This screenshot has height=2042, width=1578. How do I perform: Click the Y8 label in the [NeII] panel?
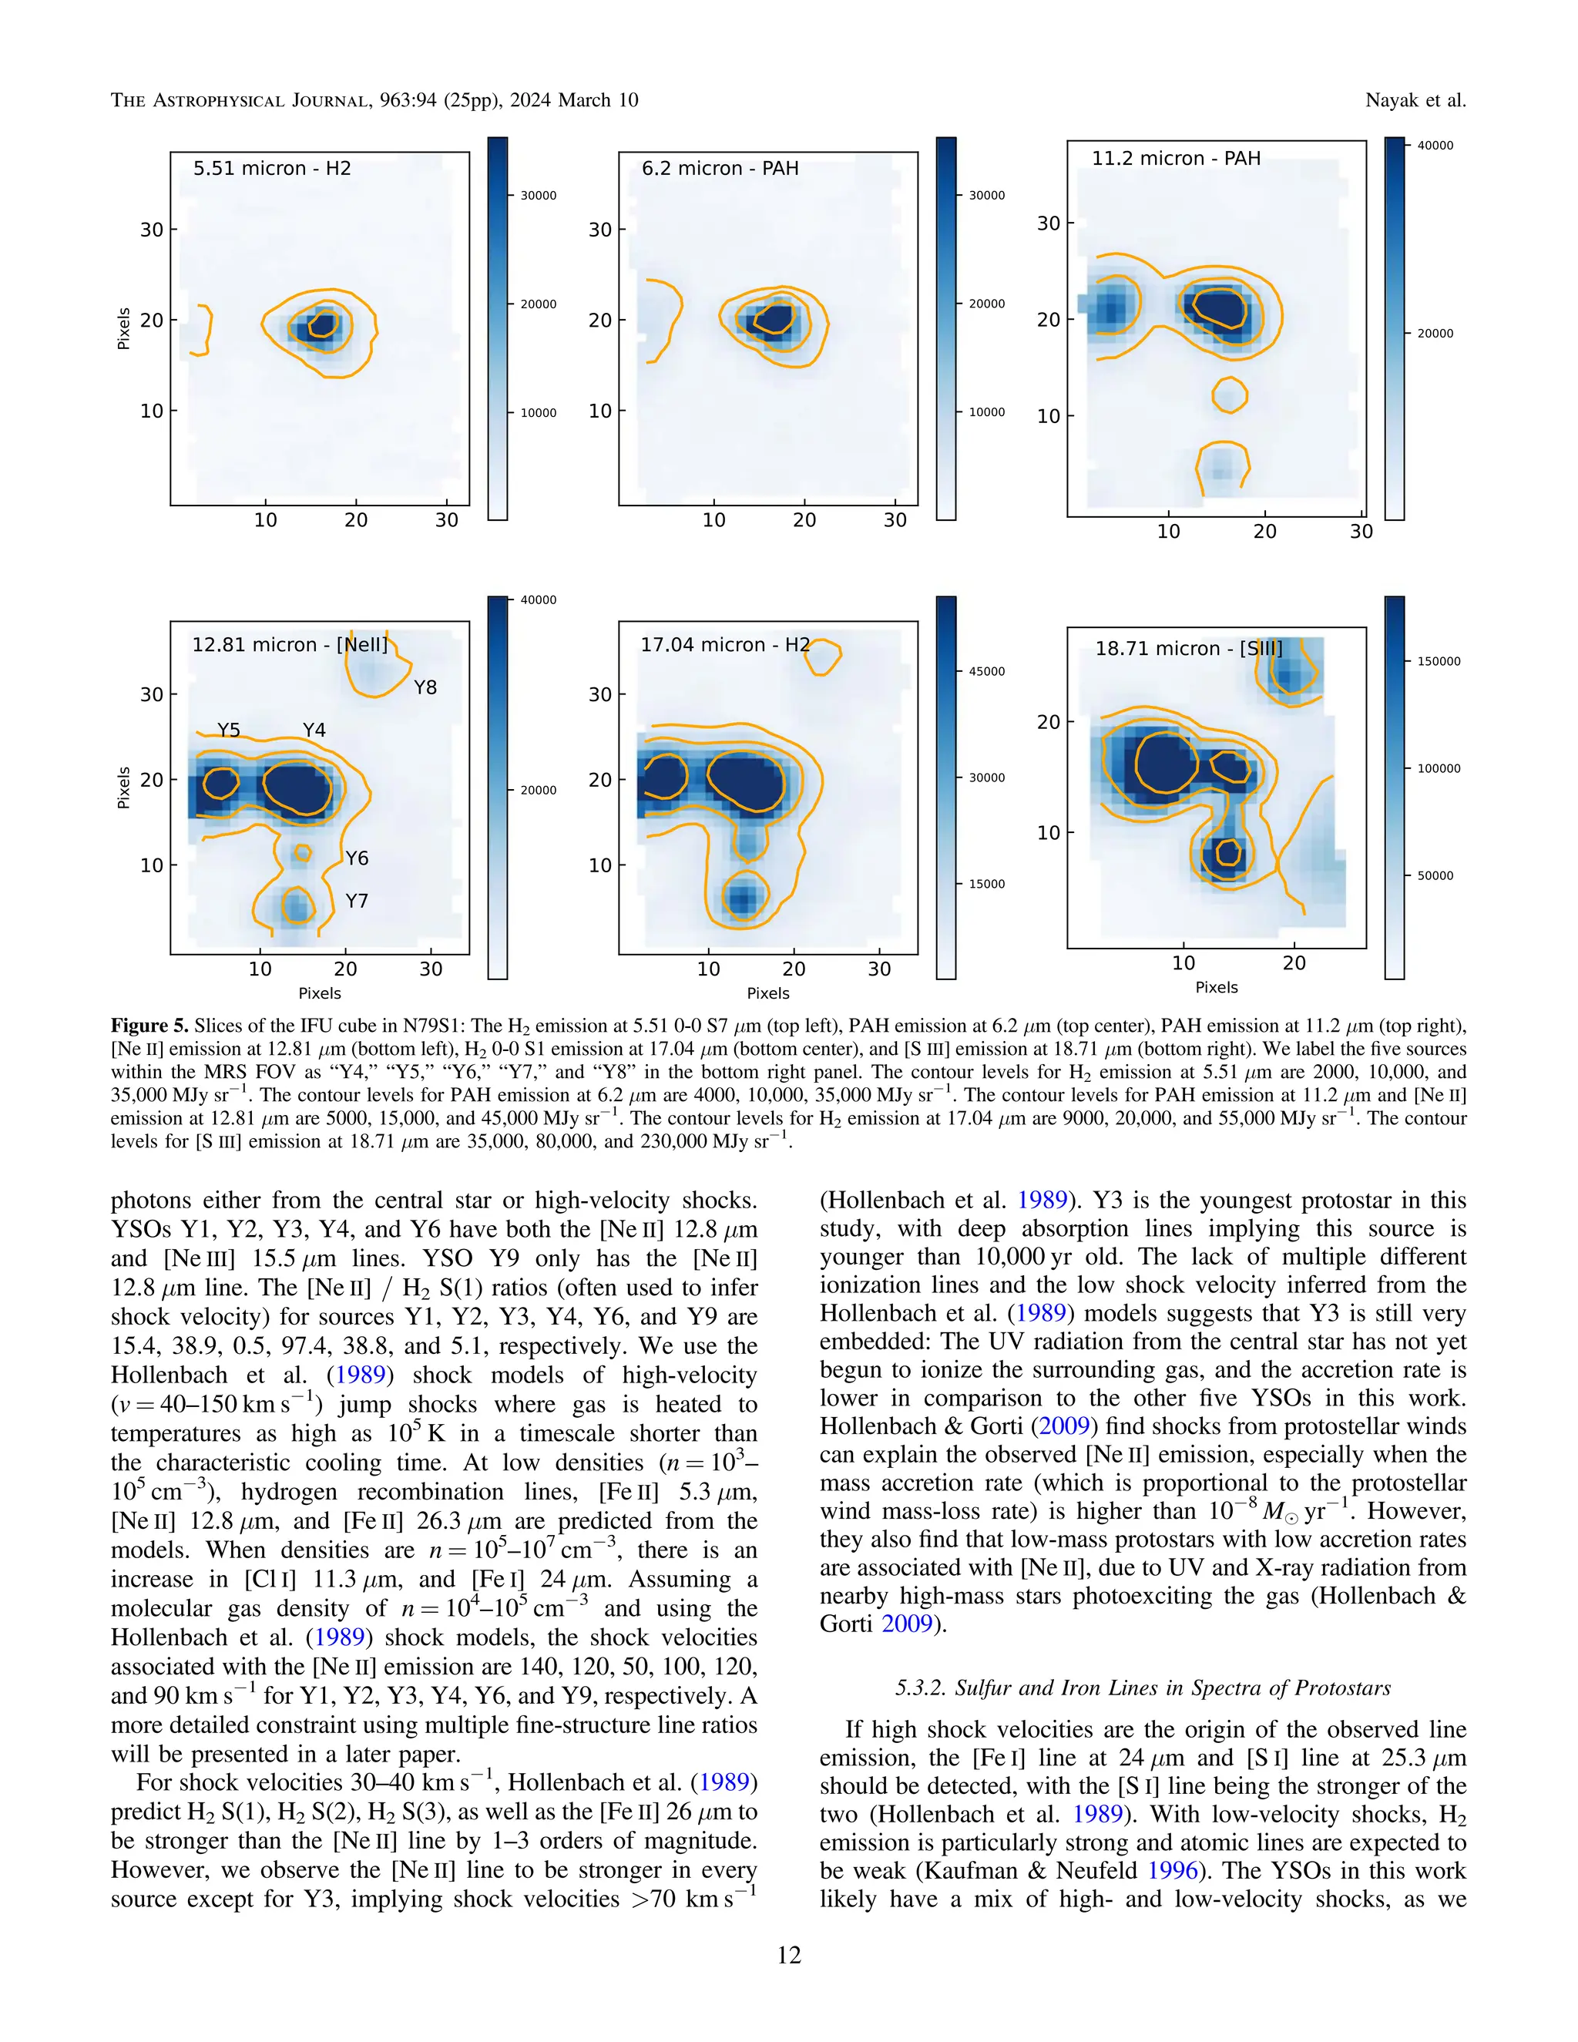click(425, 687)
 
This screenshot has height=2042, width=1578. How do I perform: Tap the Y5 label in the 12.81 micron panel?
click(229, 730)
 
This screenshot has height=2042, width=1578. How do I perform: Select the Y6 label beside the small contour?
click(357, 858)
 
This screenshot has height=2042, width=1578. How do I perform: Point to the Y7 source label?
click(357, 902)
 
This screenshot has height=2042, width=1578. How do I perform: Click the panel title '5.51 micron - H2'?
click(272, 168)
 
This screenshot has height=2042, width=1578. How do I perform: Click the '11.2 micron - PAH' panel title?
click(1176, 158)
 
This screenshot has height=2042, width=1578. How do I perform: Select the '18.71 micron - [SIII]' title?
click(1188, 648)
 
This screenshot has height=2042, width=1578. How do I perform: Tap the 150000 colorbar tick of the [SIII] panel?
click(1439, 661)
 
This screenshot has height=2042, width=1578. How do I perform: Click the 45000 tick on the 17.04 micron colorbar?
click(986, 671)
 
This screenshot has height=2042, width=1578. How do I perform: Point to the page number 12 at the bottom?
click(789, 1955)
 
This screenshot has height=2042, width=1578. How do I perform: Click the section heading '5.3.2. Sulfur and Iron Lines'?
click(1143, 1688)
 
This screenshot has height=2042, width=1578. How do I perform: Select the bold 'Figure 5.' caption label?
click(149, 1026)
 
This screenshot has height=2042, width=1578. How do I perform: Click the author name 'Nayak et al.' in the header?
click(1415, 100)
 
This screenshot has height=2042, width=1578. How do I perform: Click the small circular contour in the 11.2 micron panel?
click(1229, 394)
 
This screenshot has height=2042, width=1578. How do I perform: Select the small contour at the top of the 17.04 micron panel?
click(823, 657)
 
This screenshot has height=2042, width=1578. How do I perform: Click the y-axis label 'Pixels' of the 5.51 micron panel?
click(123, 328)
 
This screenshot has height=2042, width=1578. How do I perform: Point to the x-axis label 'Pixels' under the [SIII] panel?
click(1216, 987)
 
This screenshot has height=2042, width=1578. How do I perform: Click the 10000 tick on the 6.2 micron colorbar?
click(986, 412)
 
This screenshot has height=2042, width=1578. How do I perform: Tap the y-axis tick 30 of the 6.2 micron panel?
click(599, 230)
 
